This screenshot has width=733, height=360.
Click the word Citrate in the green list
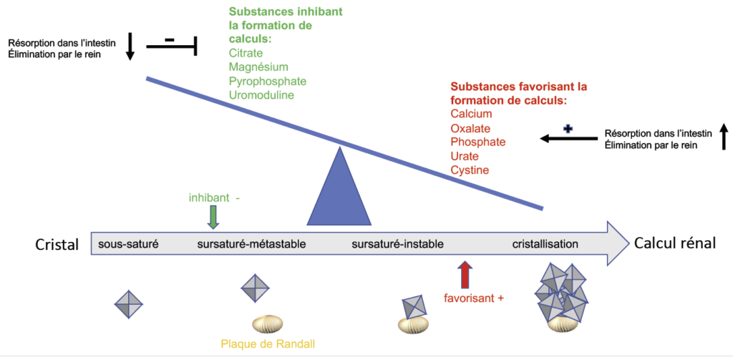[246, 52]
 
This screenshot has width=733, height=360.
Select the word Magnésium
[258, 67]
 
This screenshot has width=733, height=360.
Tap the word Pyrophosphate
[268, 81]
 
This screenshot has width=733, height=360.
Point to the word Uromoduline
[261, 95]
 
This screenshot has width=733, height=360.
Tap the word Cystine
[470, 170]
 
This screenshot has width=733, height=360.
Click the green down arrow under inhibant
[213, 218]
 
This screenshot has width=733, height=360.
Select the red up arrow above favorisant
[466, 275]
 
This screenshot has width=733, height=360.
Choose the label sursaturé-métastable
[251, 244]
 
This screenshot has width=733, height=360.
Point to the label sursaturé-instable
[397, 244]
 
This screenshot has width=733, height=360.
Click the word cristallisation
[545, 244]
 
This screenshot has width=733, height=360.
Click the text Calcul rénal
[674, 243]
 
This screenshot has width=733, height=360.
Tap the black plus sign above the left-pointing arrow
[568, 130]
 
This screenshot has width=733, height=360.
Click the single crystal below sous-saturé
[129, 304]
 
